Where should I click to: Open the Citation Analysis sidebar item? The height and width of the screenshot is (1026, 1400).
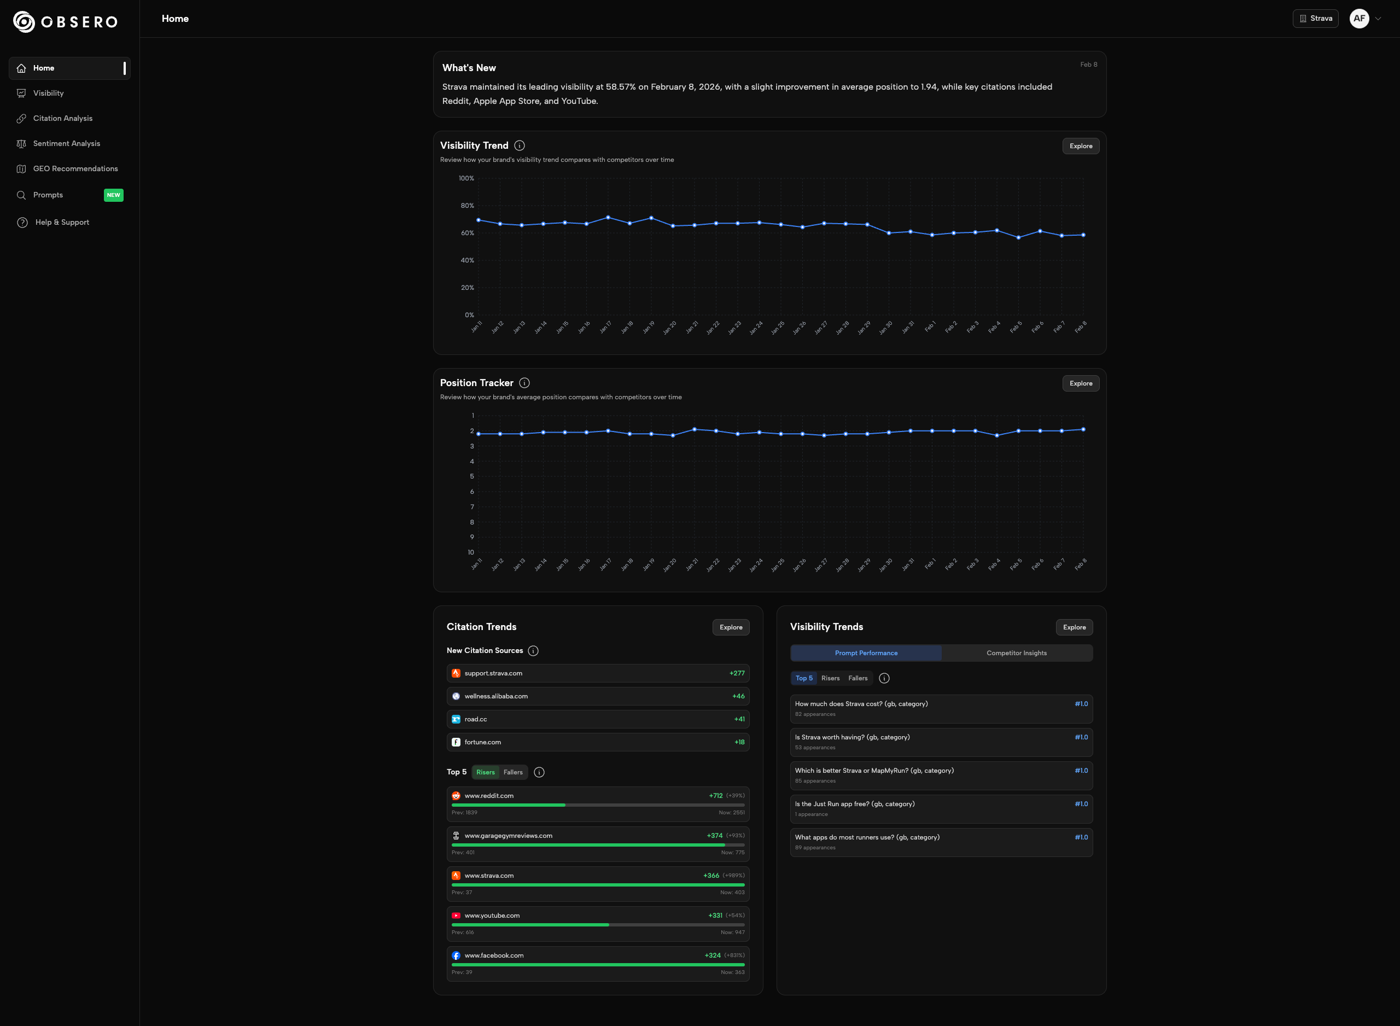coord(63,119)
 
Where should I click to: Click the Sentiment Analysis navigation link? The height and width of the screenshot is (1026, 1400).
coord(66,143)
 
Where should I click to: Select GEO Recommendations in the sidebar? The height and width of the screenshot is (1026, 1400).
coord(75,169)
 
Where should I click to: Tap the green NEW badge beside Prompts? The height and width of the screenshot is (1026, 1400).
coord(113,195)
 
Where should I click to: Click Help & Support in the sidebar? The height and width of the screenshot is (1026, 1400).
coord(62,223)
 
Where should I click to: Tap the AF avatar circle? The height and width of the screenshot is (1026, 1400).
coord(1359,19)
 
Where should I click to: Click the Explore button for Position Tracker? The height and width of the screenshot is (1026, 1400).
coord(1080,383)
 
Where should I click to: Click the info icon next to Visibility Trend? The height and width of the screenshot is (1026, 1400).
coord(520,145)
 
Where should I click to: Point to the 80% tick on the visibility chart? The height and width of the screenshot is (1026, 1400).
coord(467,206)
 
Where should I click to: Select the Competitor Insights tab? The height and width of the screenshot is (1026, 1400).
coord(1016,653)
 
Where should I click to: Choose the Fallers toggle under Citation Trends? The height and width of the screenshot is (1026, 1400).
coord(513,772)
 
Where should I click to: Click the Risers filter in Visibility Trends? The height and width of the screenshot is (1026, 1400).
coord(830,678)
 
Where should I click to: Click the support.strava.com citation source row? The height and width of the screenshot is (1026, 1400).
coord(597,673)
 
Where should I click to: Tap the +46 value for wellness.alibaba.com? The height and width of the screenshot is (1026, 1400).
coord(738,696)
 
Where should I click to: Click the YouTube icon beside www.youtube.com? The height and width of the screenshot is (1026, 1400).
coord(456,916)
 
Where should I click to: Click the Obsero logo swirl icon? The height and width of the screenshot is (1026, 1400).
coord(24,22)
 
